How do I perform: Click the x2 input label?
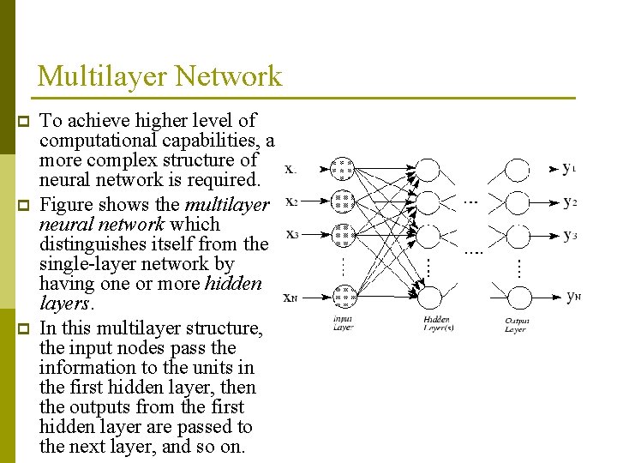click(x=291, y=201)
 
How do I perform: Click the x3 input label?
click(x=291, y=234)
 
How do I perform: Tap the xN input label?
click(x=291, y=298)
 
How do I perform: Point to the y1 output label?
click(x=569, y=169)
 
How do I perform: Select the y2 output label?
click(x=569, y=202)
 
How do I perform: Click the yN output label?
click(x=573, y=297)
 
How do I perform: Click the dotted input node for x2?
click(x=343, y=201)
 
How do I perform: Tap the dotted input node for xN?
click(x=343, y=297)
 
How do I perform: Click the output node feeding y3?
click(x=518, y=234)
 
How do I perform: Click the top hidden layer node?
click(x=430, y=169)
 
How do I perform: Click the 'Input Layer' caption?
click(x=343, y=323)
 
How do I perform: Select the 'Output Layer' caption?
click(x=516, y=323)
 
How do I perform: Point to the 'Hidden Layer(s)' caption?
click(x=438, y=323)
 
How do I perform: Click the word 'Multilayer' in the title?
click(x=101, y=76)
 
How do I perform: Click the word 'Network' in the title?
click(x=227, y=76)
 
